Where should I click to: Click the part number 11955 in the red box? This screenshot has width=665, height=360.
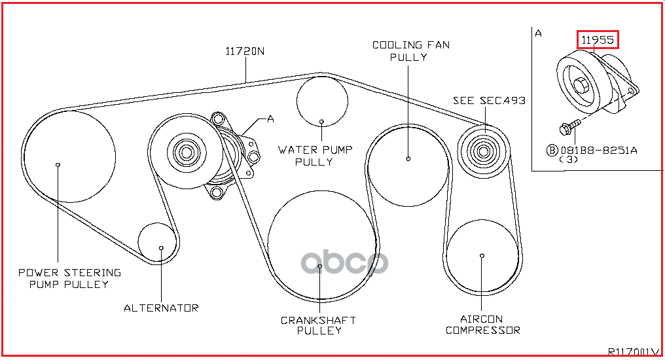pos(597,40)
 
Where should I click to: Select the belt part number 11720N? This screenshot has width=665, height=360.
pos(245,51)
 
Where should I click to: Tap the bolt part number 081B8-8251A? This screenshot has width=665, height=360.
pos(599,150)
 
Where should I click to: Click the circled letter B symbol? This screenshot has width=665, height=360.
pos(552,150)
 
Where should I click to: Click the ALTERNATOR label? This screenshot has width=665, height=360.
pos(161,308)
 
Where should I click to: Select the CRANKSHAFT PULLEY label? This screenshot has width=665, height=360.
pos(319,325)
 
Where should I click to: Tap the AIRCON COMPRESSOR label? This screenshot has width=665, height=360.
pos(482,325)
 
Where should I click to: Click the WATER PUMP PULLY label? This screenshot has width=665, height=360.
pos(315,156)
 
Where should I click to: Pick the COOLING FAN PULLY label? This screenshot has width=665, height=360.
pos(411,51)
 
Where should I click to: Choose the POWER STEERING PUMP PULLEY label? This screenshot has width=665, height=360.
pos(69,278)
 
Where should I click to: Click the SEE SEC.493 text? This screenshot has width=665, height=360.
pos(489,101)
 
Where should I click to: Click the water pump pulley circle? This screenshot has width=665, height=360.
pos(322,77)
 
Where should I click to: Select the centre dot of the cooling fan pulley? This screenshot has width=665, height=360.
pos(408,158)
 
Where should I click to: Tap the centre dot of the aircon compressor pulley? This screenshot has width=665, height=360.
pos(482,256)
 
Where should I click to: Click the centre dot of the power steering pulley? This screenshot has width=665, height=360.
pos(58,164)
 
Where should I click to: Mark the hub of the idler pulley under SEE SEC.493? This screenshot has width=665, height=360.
pos(483,151)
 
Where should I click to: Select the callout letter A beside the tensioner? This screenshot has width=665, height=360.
pos(270,119)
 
